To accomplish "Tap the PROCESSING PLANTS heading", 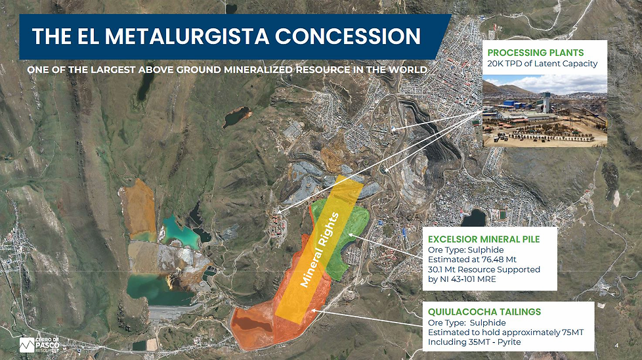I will [x=536, y=53].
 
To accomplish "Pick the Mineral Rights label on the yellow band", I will [x=319, y=250].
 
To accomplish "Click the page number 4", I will [x=616, y=346].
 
